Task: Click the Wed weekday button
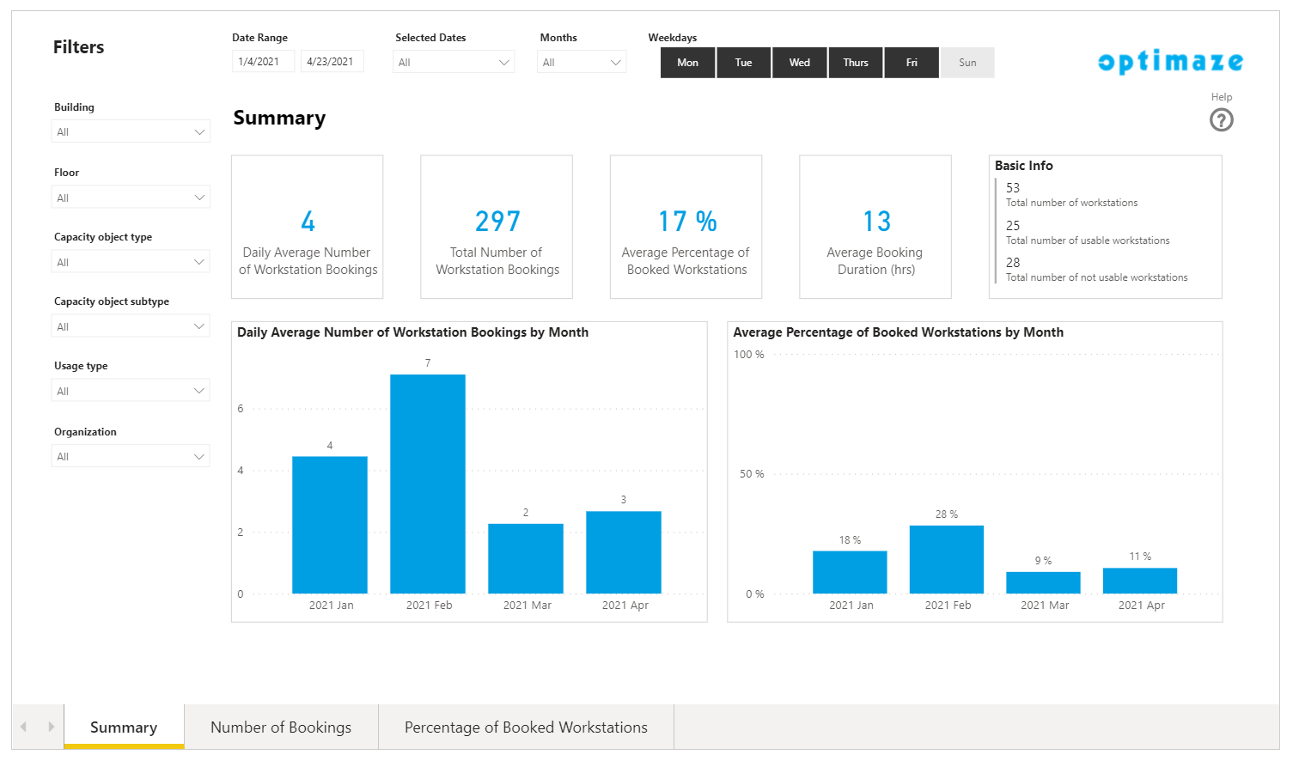pos(800,63)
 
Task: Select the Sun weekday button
pos(967,63)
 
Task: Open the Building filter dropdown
pos(131,131)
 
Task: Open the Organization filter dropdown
pos(131,456)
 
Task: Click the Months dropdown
pos(582,62)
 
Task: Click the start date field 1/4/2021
pos(263,62)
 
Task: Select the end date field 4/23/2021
pos(332,62)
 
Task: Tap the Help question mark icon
pos(1221,120)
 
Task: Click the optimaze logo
pos(1170,62)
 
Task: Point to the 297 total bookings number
pos(497,222)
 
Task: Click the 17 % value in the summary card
pos(687,222)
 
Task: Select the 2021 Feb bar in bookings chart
pos(428,484)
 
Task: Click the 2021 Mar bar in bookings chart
pos(526,558)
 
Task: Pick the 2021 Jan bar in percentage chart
pos(850,572)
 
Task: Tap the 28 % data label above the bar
pos(947,514)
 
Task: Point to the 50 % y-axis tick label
pos(752,474)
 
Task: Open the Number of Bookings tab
pos(281,727)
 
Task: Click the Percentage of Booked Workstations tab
pos(526,727)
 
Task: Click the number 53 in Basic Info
pos(1013,188)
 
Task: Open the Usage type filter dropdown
pos(131,391)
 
